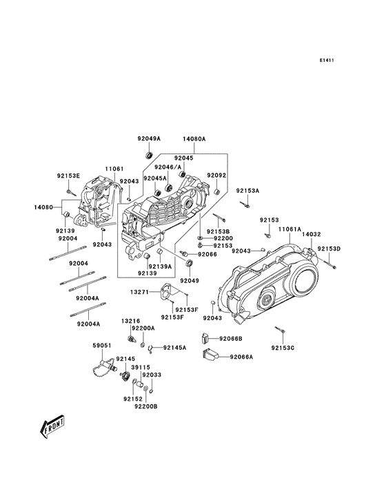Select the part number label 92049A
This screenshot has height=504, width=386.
tap(148, 138)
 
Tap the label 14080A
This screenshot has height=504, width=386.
tap(194, 138)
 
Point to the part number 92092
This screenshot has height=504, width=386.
tap(216, 176)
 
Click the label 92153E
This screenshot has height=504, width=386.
tap(68, 176)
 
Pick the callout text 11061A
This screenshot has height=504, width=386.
tap(289, 229)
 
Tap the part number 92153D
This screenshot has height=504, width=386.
tap(329, 248)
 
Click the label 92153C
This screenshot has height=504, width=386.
tap(283, 348)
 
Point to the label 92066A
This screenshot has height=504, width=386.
tap(241, 357)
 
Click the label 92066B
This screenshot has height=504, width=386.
tap(231, 339)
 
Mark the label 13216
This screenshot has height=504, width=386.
tap(131, 322)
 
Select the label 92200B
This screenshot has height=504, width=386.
tap(146, 407)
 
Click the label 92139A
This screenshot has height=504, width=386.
tap(160, 265)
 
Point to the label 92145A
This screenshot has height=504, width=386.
tap(174, 348)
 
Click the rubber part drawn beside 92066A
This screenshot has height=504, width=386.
tap(210, 356)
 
